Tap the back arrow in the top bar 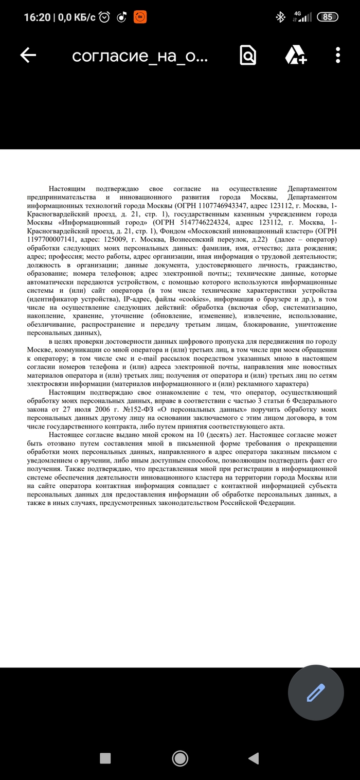point(28,56)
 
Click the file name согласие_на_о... point(140,56)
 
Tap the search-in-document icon point(247,56)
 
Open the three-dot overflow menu point(338,56)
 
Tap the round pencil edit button point(316,693)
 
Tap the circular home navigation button point(180,757)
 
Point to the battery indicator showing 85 point(327,17)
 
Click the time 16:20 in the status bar point(37,17)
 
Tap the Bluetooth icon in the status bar point(280,17)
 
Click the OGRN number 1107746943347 point(215,205)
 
